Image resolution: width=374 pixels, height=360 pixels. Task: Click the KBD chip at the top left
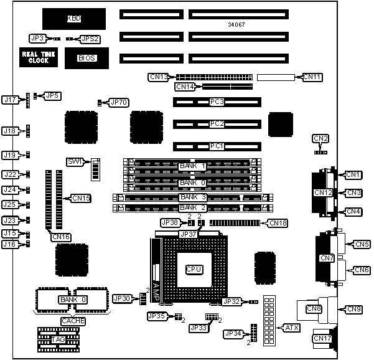point(73,19)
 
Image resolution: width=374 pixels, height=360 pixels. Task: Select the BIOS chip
point(86,58)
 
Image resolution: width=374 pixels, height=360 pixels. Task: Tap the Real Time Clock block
point(40,57)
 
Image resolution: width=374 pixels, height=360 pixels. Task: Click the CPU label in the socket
point(194,269)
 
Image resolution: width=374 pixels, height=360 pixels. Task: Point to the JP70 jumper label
point(118,102)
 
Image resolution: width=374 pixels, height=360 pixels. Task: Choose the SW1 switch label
point(75,161)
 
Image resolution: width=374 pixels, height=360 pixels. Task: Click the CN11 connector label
point(312,77)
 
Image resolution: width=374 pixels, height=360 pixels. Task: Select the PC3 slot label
point(217,102)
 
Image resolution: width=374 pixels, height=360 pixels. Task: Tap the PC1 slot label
point(217,146)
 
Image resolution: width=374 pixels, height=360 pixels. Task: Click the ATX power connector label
point(291,327)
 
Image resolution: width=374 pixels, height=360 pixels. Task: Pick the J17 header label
point(10,99)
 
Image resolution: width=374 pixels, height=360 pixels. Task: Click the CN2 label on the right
point(321,138)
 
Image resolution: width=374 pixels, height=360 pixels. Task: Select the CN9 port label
point(353,309)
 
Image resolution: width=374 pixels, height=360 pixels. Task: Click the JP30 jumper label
point(123,298)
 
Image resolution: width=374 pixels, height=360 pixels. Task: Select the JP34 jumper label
point(233,334)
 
